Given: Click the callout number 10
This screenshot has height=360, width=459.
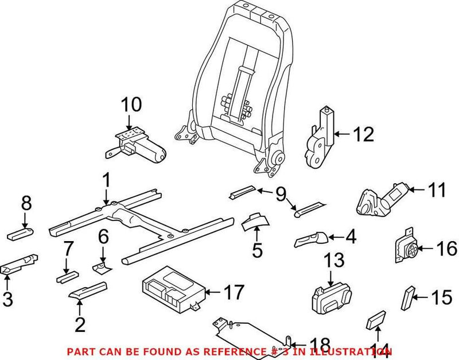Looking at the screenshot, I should [130, 106].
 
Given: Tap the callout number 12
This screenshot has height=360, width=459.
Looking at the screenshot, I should [363, 134].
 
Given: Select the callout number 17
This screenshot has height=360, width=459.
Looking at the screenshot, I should [234, 292].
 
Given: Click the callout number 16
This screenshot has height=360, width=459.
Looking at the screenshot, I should [446, 249].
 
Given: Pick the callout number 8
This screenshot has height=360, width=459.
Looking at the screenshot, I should [26, 204].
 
